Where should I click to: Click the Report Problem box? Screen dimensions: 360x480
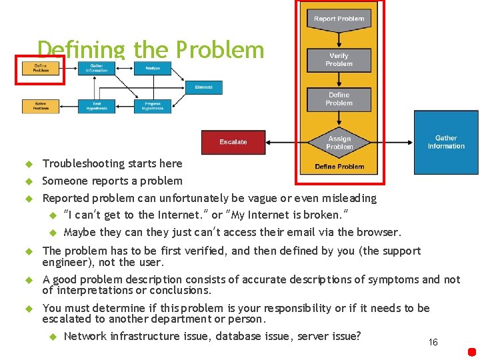[x=339, y=19]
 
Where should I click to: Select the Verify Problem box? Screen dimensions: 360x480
[x=339, y=60]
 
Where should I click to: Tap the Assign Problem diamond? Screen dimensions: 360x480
[x=339, y=142]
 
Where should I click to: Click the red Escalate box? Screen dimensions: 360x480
[x=233, y=142]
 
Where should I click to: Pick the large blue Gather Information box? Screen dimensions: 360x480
[x=446, y=142]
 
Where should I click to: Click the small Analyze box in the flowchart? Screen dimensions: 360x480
[x=153, y=68]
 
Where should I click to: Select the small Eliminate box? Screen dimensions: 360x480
[x=204, y=87]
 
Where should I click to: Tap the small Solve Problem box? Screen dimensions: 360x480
[x=41, y=106]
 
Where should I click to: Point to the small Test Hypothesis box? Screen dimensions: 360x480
[x=97, y=106]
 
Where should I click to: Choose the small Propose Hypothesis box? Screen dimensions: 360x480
[x=153, y=106]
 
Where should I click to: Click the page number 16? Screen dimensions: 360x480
[x=433, y=342]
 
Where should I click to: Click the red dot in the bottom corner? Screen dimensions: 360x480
[x=472, y=351]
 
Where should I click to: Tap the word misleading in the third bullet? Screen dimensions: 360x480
[x=349, y=198]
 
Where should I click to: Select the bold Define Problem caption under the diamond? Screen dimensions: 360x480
[x=339, y=167]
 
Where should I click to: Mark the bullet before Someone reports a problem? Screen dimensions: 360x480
[x=29, y=181]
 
